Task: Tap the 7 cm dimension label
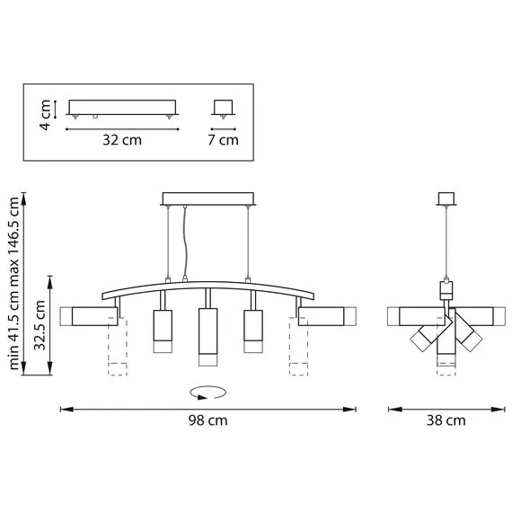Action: tap(223, 139)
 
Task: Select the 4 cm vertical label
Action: tap(44, 113)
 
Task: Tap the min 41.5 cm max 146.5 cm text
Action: tap(14, 284)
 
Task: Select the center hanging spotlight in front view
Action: tap(207, 336)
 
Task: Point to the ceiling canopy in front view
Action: tap(207, 199)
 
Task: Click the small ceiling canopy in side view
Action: tap(446, 199)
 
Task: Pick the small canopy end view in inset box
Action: tap(223, 108)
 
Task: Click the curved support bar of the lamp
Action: tap(207, 287)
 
